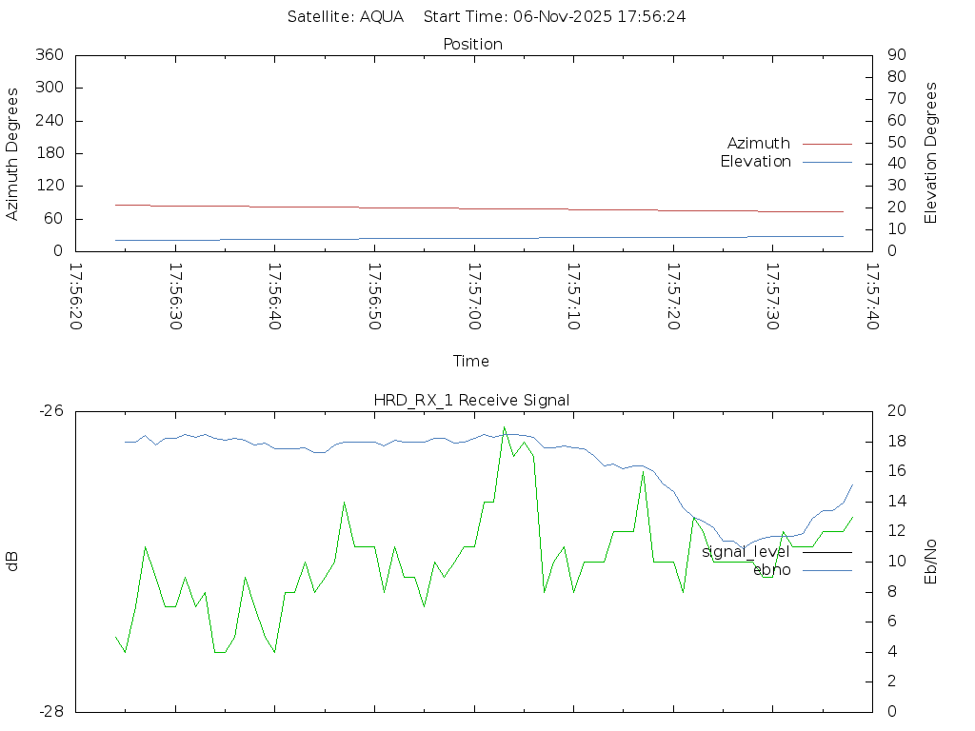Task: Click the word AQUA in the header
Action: tap(381, 16)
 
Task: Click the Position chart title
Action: tap(473, 44)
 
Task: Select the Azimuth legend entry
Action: tap(759, 144)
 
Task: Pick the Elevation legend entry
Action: tap(755, 162)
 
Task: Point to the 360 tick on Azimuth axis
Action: tap(49, 55)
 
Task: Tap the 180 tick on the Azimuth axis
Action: tap(49, 153)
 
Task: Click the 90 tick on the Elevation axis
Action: tap(895, 55)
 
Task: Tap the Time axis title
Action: tap(471, 362)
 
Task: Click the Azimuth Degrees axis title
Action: tap(13, 153)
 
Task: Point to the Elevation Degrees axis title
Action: tap(931, 153)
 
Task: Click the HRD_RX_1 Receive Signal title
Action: tap(471, 401)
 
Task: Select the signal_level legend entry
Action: tap(746, 551)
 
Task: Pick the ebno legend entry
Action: tap(772, 570)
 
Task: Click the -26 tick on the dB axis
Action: tap(51, 411)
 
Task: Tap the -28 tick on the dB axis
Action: tap(51, 711)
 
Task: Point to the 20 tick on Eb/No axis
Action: tap(895, 411)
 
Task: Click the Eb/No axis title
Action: tap(931, 561)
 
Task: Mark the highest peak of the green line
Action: tap(505, 427)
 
